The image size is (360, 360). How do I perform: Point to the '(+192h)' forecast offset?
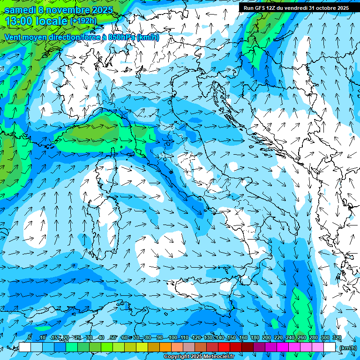tap(83, 21)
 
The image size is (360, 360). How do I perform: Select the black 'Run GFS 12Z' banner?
tap(295, 8)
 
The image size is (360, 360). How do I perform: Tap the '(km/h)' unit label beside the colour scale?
tap(348, 348)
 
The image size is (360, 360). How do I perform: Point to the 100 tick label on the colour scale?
tap(172, 337)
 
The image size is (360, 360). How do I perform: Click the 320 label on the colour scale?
tap(337, 337)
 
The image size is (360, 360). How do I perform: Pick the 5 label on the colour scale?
tap(30, 337)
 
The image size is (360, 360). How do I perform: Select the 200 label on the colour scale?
tap(266, 337)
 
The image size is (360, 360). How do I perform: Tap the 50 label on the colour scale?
tap(112, 337)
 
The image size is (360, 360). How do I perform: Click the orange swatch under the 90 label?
tap(165, 347)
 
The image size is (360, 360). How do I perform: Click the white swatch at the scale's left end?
tap(24, 347)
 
